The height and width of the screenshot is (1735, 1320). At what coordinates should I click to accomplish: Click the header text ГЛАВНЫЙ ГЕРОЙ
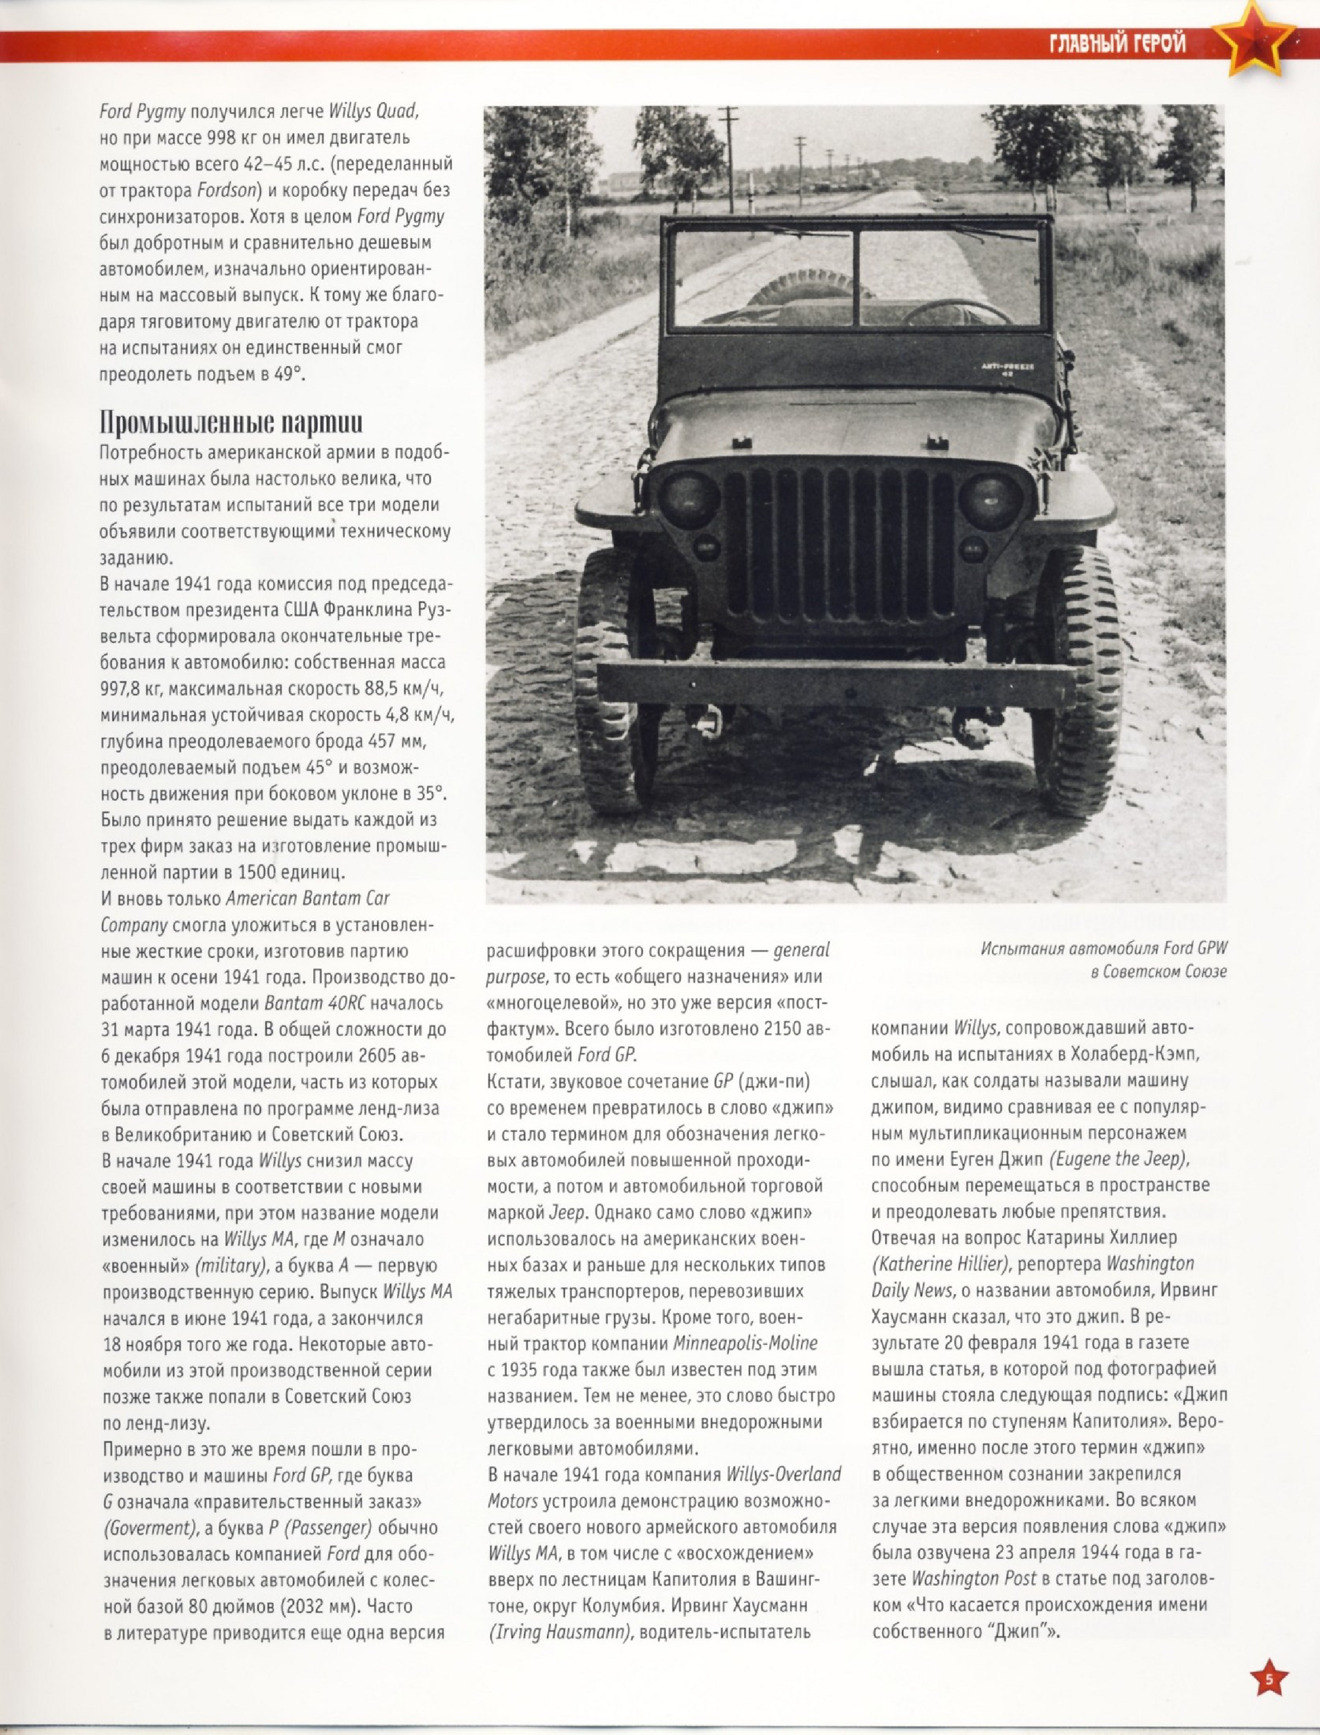click(1116, 45)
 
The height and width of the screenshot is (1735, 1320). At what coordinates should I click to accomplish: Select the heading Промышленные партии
click(231, 423)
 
